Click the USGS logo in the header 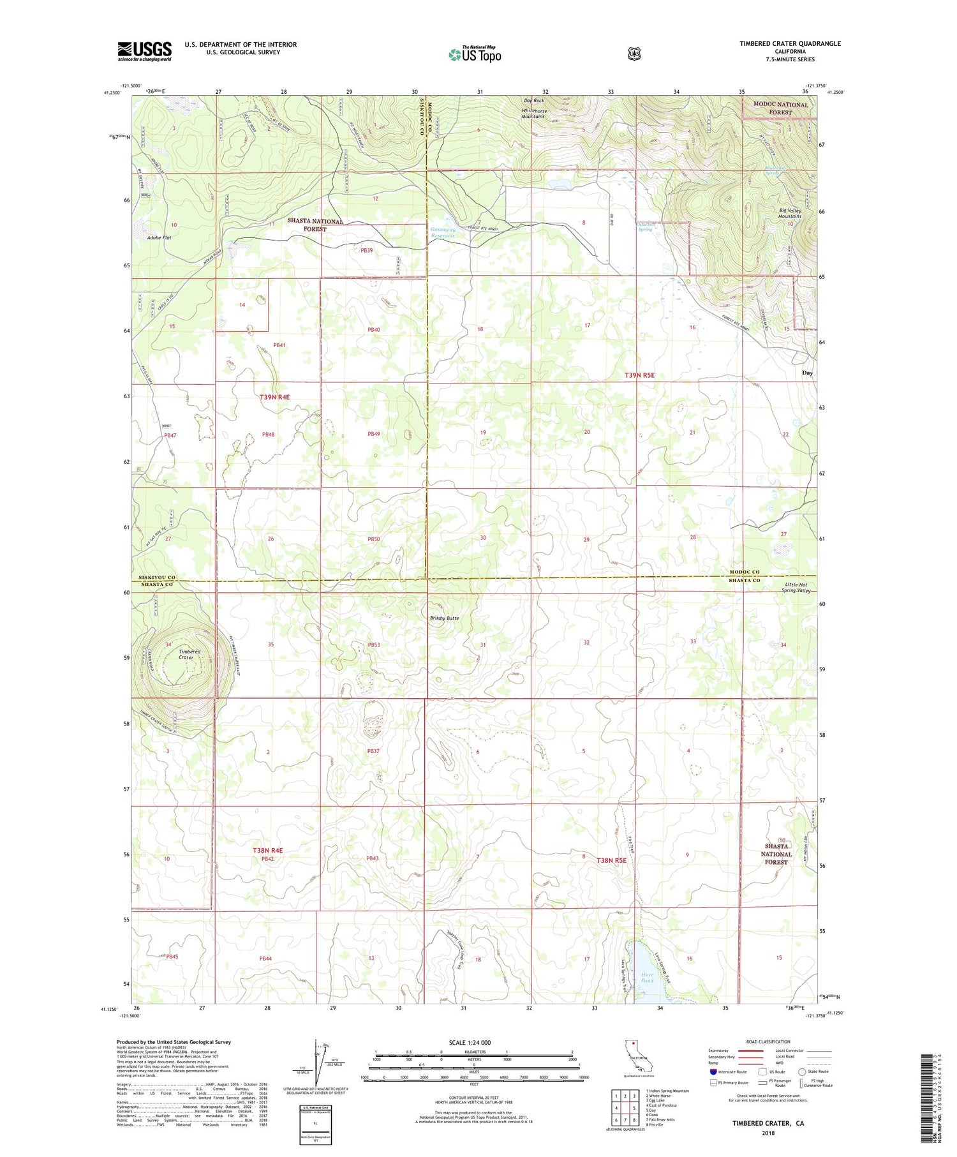coord(144,51)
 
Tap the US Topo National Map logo coord(475,54)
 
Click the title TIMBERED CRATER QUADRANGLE coord(790,43)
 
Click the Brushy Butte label coord(444,618)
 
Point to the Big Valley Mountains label coord(790,213)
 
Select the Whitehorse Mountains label coord(533,114)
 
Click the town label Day coord(808,373)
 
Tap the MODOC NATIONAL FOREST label coord(780,108)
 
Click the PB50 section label coord(373,539)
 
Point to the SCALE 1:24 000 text coord(473,1043)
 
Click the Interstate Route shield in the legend coord(713,1071)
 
